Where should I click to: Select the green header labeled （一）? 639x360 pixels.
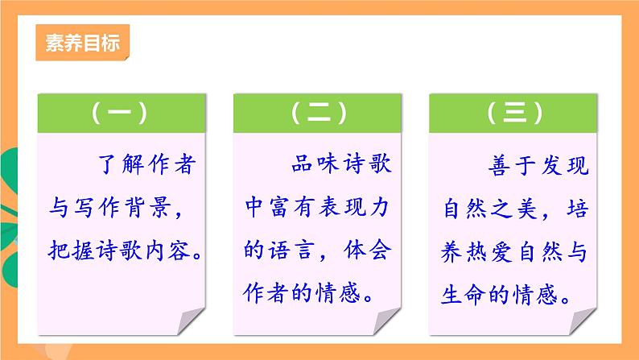tap(119, 114)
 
